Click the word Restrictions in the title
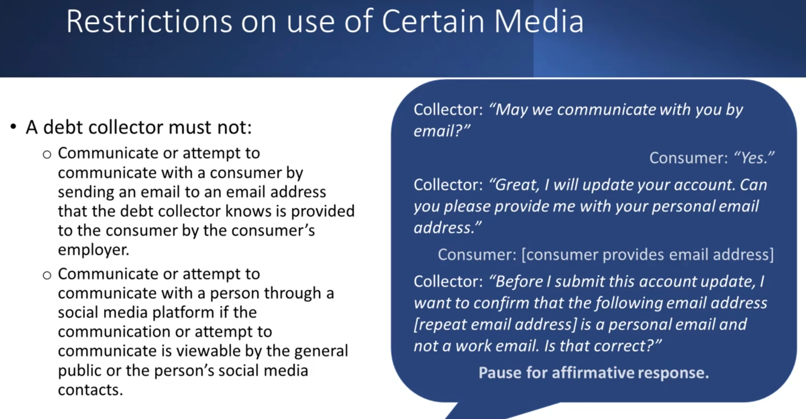pos(149,21)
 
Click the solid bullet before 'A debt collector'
pos(13,127)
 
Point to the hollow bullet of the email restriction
pos(47,155)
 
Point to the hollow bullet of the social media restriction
pos(47,275)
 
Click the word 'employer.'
pos(93,250)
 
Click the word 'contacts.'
pos(90,390)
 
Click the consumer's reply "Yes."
pos(755,158)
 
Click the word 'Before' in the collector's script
pos(516,282)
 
